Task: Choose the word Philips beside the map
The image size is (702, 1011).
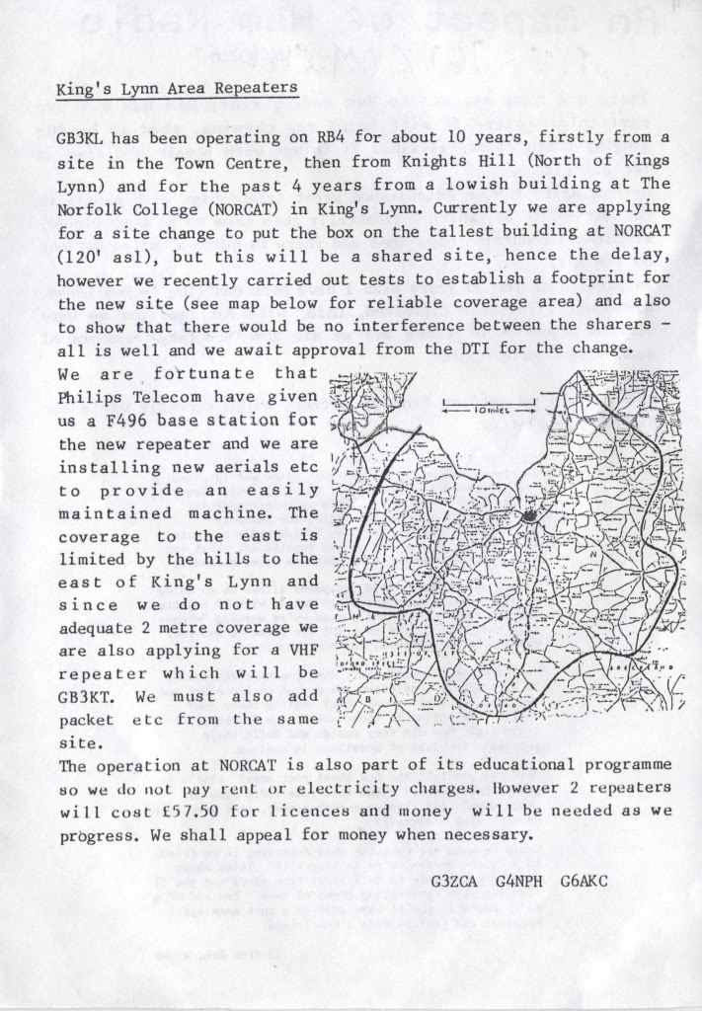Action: (90, 396)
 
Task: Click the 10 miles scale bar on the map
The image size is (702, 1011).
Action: (488, 402)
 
